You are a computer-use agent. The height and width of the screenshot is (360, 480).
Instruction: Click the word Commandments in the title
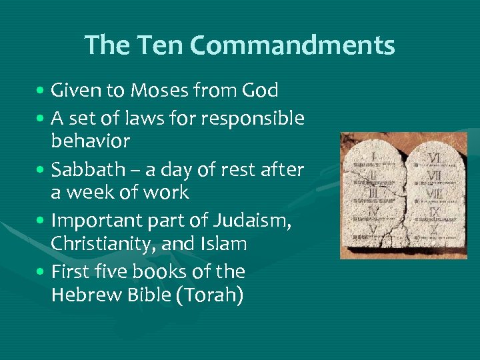292,45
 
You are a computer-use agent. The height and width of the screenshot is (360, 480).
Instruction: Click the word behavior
90,141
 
